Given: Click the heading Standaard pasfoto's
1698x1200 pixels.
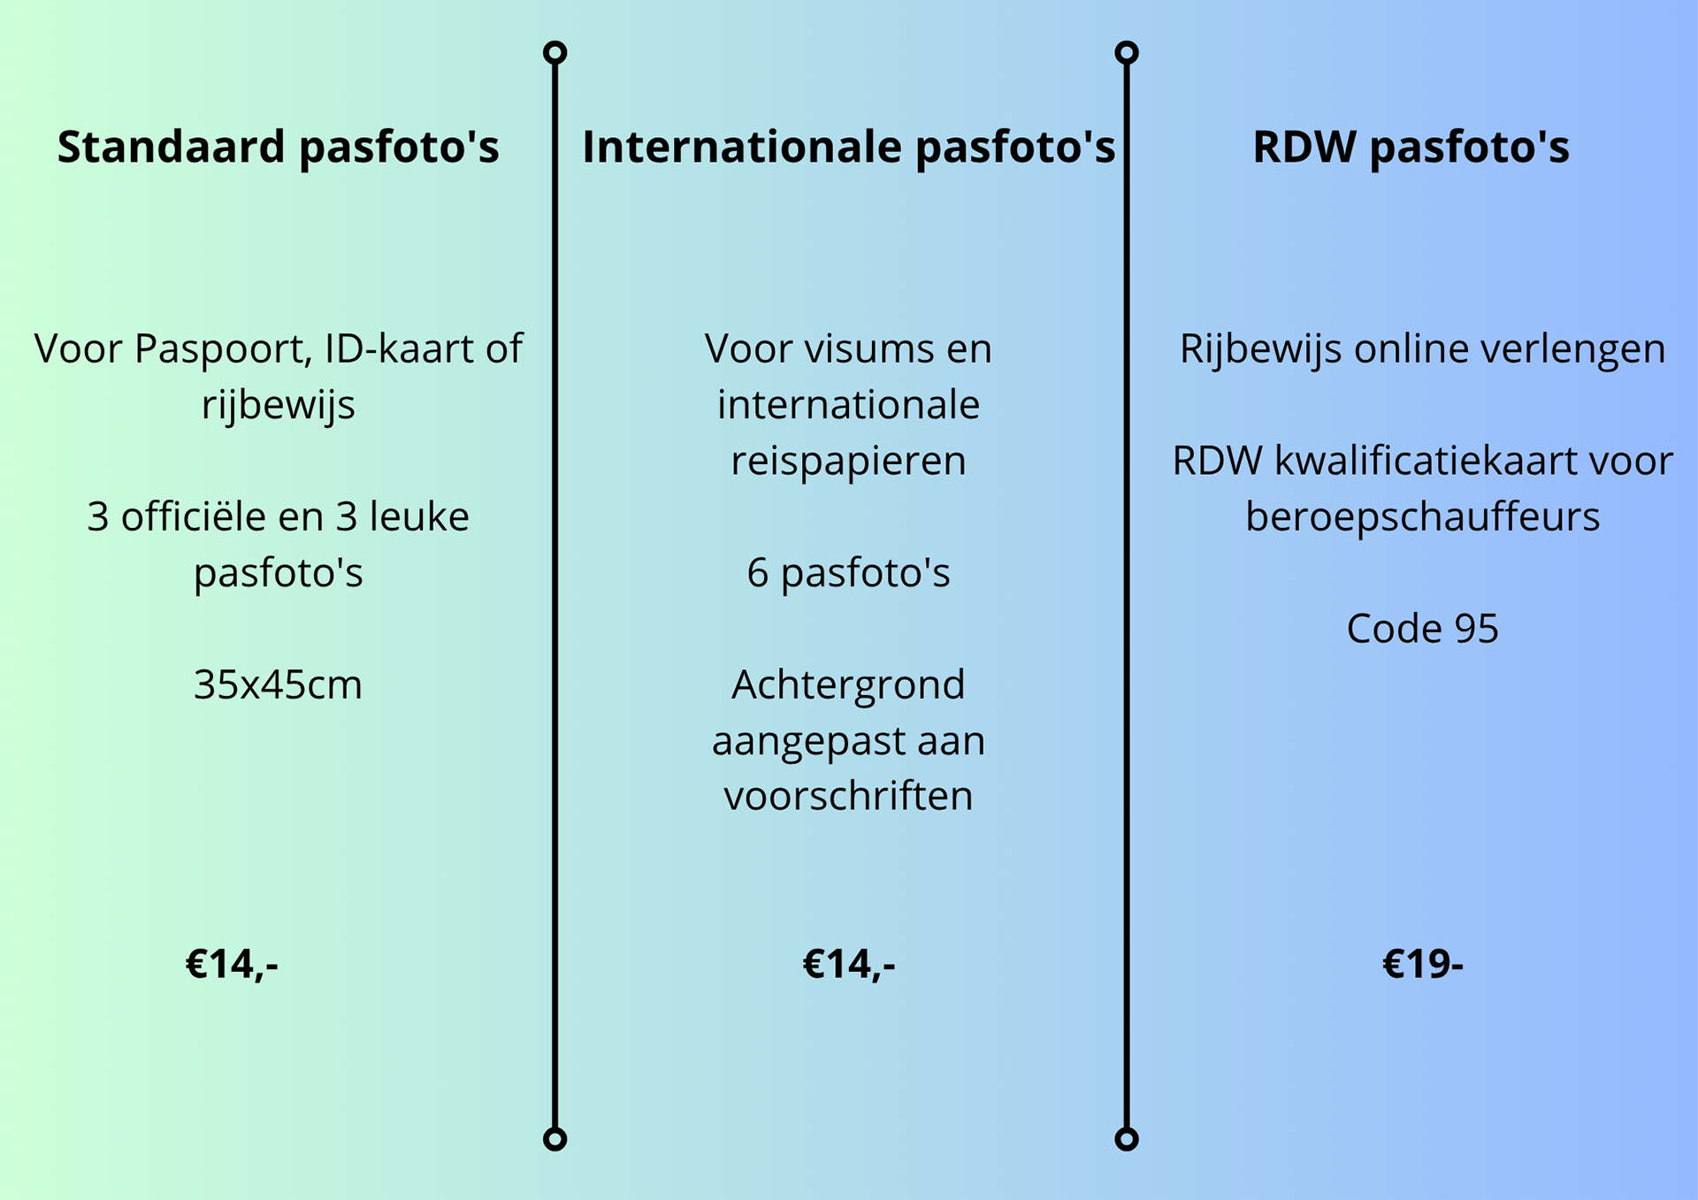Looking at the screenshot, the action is pos(278,148).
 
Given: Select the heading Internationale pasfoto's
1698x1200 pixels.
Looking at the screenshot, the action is pos(849,148).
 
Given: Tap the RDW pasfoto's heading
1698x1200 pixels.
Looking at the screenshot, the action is pos(1411,148).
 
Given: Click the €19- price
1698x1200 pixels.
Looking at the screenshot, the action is pos(1422,963).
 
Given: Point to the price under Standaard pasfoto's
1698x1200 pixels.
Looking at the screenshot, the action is pos(232,964).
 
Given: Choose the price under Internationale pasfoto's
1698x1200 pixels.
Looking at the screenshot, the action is pos(849,964).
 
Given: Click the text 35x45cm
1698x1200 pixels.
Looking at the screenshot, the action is pos(278,684).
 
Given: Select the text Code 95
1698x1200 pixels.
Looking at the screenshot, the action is pos(1422,629).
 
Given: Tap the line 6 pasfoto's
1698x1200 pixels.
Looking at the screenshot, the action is pos(849,573).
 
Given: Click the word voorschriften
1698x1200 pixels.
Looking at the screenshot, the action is pos(849,796).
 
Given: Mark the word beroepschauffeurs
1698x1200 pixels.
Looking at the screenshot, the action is pos(1422,517).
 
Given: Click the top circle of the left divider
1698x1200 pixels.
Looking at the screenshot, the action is pos(555,53).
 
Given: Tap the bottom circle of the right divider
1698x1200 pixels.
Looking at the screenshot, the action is pos(1127,1139).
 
